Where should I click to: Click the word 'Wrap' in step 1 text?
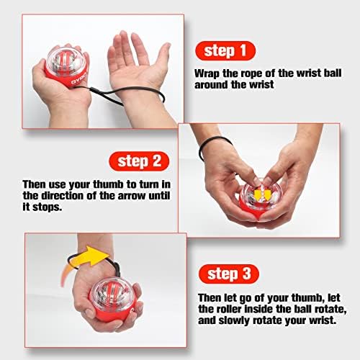[208, 73]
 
